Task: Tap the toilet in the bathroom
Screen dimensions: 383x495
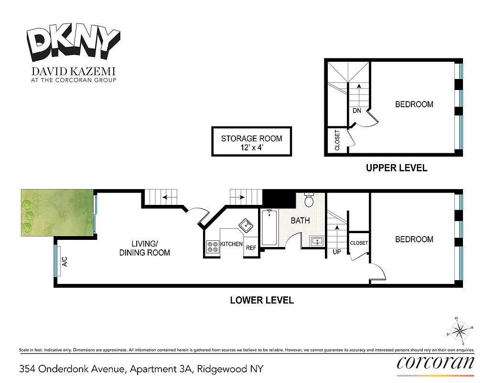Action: click(x=309, y=201)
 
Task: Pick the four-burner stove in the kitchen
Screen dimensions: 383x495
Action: click(x=212, y=246)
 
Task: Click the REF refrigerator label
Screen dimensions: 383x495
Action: click(x=251, y=248)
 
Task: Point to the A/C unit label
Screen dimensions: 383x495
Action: click(x=63, y=261)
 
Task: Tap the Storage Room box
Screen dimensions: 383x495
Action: click(x=251, y=142)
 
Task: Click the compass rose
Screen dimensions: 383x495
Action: click(x=460, y=330)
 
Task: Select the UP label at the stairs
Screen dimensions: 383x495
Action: click(x=336, y=251)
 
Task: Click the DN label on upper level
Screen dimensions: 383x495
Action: click(x=356, y=111)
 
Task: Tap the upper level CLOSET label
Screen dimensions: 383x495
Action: click(x=337, y=140)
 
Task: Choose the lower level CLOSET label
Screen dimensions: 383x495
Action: click(x=359, y=243)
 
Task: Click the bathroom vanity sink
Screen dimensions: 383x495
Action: click(x=316, y=241)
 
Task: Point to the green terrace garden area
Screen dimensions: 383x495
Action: click(x=56, y=212)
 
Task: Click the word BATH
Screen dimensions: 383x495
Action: click(x=300, y=221)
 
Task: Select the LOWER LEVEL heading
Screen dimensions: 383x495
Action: click(x=262, y=300)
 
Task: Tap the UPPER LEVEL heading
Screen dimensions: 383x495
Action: click(x=396, y=168)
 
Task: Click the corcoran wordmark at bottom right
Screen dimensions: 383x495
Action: click(x=435, y=363)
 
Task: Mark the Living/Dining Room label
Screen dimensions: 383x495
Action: click(x=144, y=248)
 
